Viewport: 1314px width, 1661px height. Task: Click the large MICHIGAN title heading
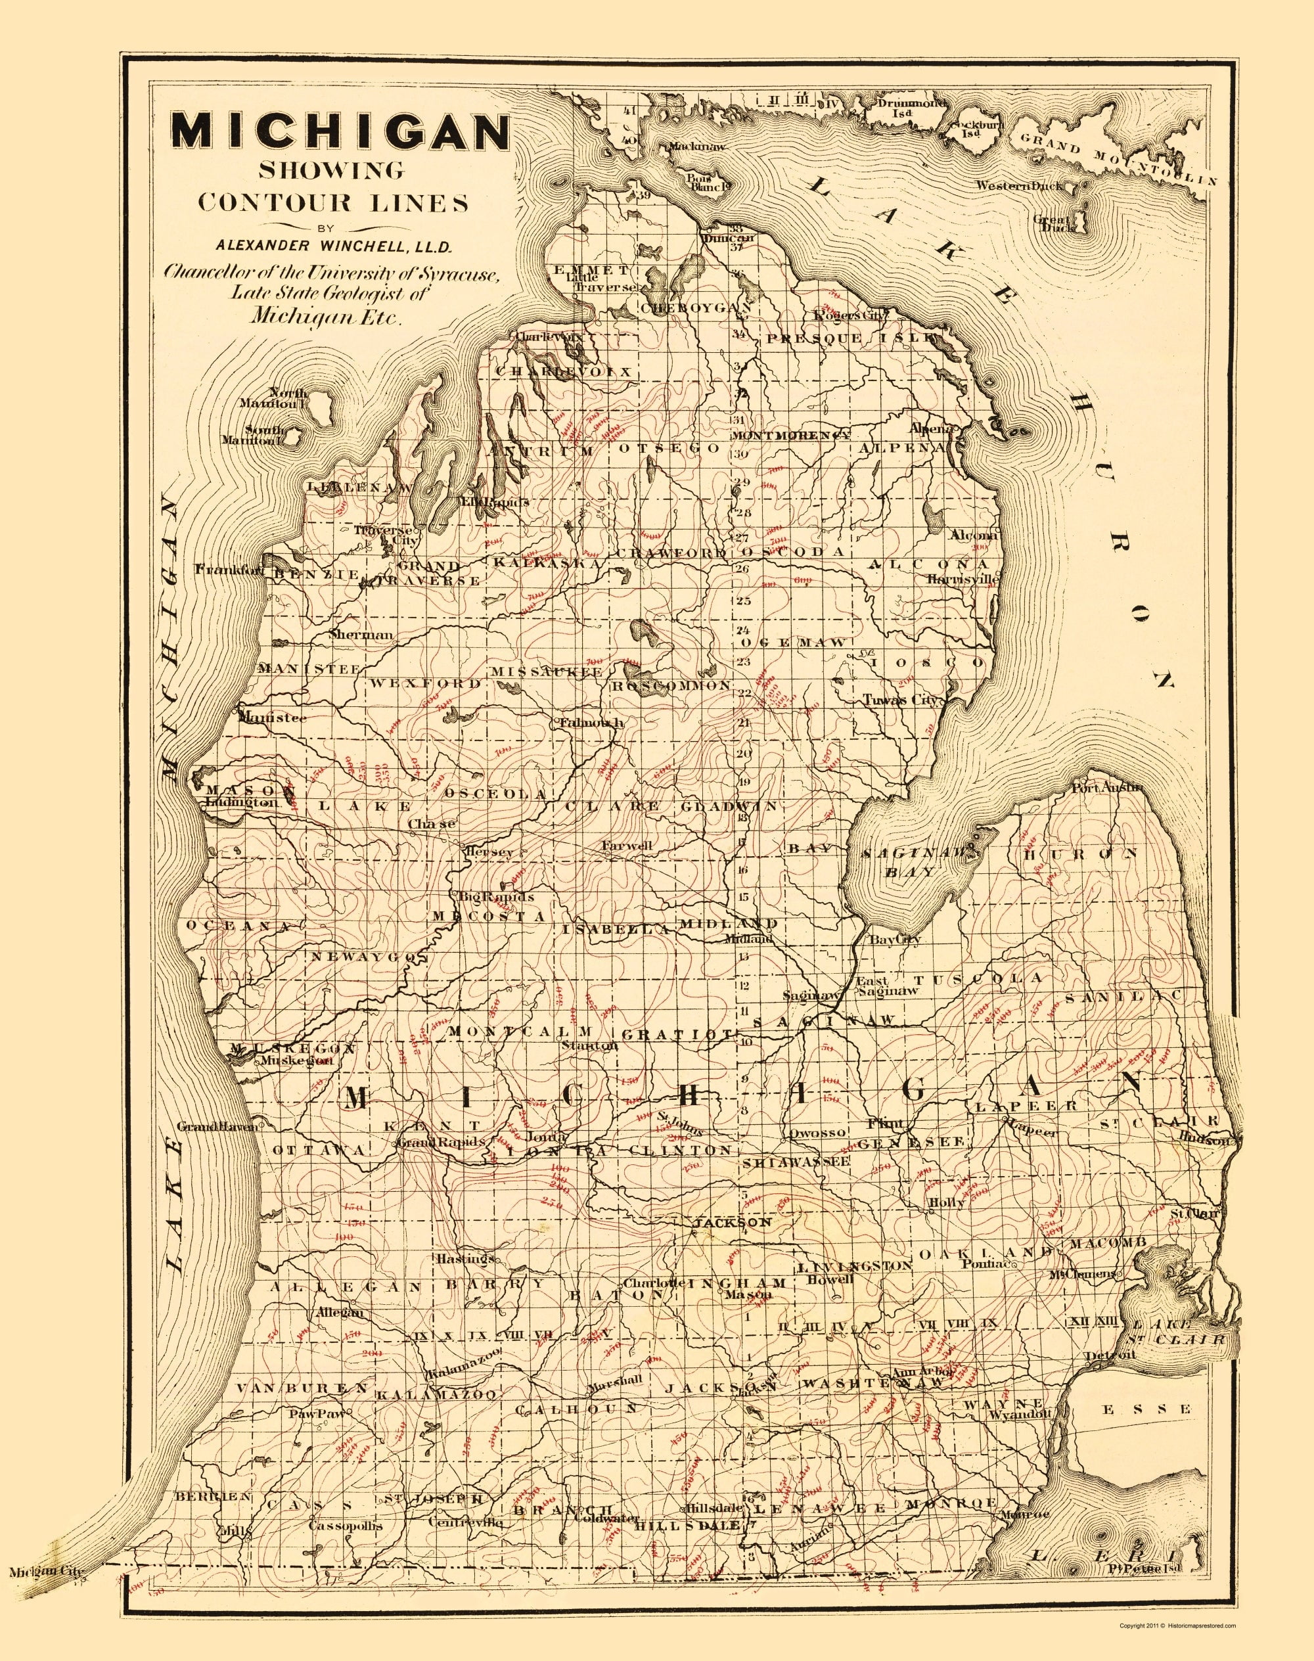tap(340, 131)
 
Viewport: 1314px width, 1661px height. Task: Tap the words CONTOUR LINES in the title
tap(333, 202)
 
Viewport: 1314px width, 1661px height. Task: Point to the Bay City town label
tap(894, 940)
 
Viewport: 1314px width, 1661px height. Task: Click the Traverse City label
tap(384, 535)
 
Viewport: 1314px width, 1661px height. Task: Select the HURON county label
tap(1080, 854)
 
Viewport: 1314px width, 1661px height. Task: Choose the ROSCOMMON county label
tap(671, 684)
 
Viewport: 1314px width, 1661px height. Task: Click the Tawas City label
tap(899, 700)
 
